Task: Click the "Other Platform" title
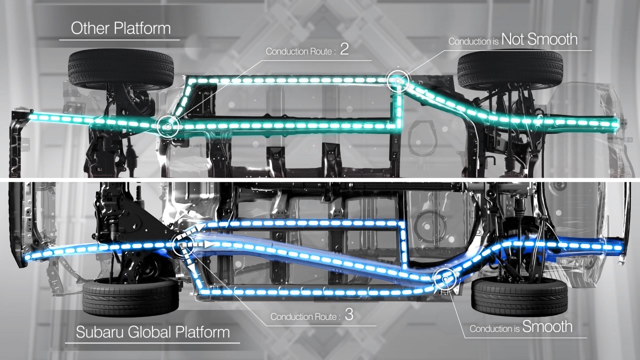120,28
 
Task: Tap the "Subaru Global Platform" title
153,332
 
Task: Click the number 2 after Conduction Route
344,49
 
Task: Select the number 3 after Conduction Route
349,315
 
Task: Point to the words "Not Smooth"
539,39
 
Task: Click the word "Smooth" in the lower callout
547,327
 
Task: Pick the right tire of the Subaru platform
519,297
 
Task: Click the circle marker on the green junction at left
168,126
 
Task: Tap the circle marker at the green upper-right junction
398,80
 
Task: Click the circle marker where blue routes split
182,244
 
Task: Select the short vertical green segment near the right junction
398,107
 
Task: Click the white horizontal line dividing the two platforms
320,179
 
